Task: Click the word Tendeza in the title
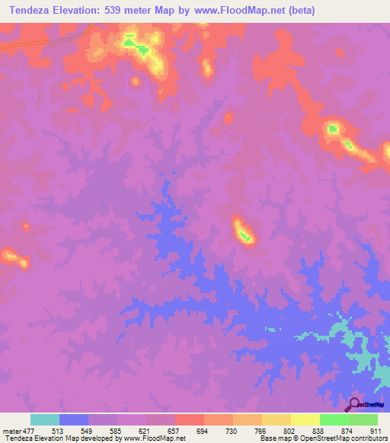[x=33, y=11]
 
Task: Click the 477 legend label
[x=28, y=431]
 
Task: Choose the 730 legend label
[x=231, y=431]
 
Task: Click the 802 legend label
[x=289, y=431]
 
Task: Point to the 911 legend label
[x=375, y=431]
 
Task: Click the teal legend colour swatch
[x=45, y=419]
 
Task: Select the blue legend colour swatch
[x=74, y=419]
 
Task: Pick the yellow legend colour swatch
[x=305, y=419]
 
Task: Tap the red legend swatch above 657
[x=189, y=419]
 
